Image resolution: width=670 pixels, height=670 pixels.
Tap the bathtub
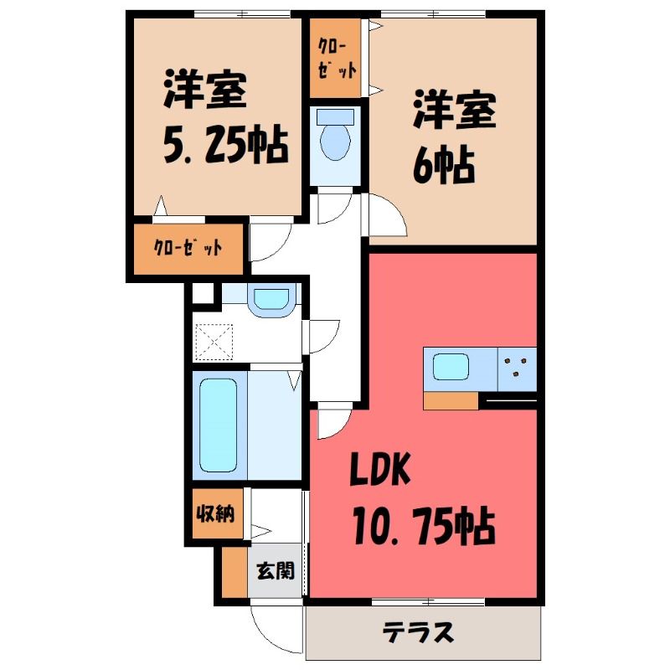coord(220,425)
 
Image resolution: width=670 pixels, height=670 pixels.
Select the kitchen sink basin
coord(451,367)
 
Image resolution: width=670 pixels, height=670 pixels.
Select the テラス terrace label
coord(419,631)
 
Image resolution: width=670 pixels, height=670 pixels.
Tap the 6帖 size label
coord(443,167)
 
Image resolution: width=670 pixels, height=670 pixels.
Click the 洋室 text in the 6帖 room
coord(454,115)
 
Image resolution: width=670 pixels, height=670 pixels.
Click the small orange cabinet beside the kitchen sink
coord(451,401)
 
